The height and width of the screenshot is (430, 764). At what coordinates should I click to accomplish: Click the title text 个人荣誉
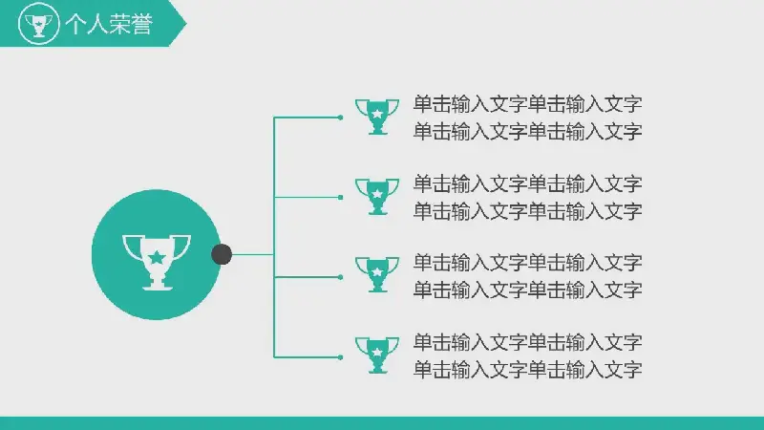pos(109,24)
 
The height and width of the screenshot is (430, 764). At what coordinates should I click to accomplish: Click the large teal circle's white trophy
pos(157,262)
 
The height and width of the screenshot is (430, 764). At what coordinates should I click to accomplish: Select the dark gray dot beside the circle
pos(222,254)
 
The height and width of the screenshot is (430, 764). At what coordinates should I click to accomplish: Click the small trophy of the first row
pos(377,117)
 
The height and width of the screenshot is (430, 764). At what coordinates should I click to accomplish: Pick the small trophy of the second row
pos(377,197)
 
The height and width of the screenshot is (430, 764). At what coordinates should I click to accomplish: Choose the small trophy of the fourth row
pos(377,355)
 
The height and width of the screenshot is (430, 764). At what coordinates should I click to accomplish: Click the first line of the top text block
pos(528,104)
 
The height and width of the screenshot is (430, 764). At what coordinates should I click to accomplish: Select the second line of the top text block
pos(528,132)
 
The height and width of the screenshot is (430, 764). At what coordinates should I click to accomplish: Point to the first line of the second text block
pos(528,184)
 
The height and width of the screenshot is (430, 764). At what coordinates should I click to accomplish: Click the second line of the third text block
pos(528,290)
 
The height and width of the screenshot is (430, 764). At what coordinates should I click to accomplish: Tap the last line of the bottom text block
pos(528,370)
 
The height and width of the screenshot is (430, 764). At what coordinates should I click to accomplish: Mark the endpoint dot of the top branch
pos(340,118)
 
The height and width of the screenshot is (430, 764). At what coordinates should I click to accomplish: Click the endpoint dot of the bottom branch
pos(340,357)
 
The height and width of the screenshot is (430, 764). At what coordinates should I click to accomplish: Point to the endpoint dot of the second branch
pos(340,198)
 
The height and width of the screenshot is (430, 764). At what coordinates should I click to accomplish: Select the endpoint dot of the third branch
pos(340,277)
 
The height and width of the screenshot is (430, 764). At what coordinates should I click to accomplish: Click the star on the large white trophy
pos(157,257)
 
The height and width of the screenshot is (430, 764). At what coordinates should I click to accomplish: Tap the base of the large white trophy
pos(157,286)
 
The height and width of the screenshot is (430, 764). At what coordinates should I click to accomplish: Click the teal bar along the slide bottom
pos(382,423)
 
